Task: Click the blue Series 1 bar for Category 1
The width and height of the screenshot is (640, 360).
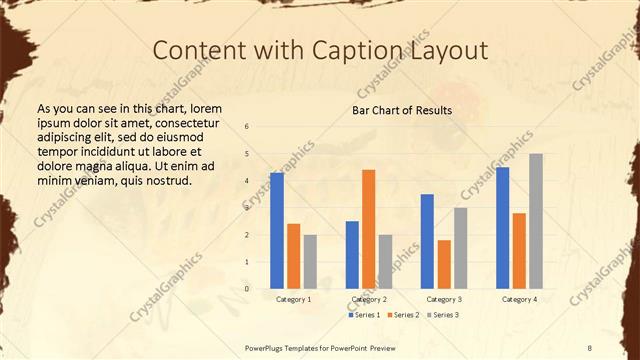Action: click(277, 231)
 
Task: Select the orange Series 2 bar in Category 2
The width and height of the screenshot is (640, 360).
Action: click(368, 229)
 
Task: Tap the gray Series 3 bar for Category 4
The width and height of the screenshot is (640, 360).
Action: click(536, 221)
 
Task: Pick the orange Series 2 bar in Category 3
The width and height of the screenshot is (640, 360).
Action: click(444, 264)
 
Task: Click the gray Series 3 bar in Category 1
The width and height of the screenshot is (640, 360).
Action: click(310, 262)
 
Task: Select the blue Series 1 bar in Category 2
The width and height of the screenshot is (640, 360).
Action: click(352, 255)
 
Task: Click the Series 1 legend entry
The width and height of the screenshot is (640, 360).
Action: click(363, 315)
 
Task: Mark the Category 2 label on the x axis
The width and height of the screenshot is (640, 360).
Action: click(369, 299)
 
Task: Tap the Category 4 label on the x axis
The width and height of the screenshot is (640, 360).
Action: click(519, 299)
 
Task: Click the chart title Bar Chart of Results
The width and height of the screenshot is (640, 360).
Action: click(402, 110)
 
